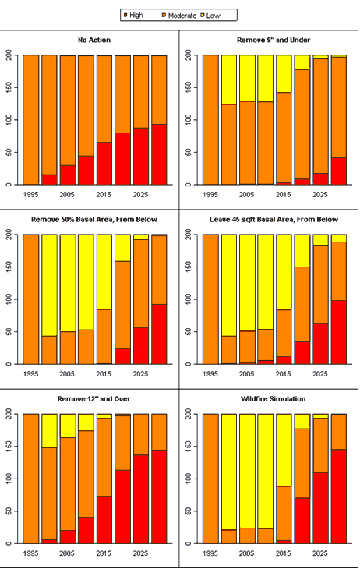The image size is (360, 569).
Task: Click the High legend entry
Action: tap(133, 16)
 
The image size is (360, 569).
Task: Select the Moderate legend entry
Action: tap(179, 16)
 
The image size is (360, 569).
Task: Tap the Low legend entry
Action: tap(210, 16)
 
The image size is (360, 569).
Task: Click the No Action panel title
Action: tap(94, 40)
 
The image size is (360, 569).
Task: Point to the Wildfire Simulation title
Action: tap(274, 399)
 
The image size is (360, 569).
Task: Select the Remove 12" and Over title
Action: tap(94, 399)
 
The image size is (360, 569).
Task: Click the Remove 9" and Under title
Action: tap(274, 40)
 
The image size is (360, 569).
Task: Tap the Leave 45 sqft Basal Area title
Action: tap(274, 220)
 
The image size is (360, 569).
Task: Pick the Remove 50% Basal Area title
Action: tap(94, 220)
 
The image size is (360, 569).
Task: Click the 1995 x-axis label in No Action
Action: tap(30, 195)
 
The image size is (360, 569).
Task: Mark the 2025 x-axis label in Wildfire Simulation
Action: tap(320, 553)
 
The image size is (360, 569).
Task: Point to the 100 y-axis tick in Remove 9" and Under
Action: tap(189, 120)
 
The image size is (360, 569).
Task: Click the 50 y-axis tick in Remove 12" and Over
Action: tap(9, 511)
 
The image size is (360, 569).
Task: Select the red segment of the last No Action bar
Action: tap(159, 154)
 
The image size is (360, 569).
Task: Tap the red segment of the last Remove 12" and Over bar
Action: tap(159, 497)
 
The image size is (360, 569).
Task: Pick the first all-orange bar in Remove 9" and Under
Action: tap(210, 120)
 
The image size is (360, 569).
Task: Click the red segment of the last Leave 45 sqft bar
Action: tap(339, 332)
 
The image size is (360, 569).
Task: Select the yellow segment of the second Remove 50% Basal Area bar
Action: tap(49, 285)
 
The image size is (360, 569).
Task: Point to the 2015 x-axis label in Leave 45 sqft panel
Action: tap(284, 374)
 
